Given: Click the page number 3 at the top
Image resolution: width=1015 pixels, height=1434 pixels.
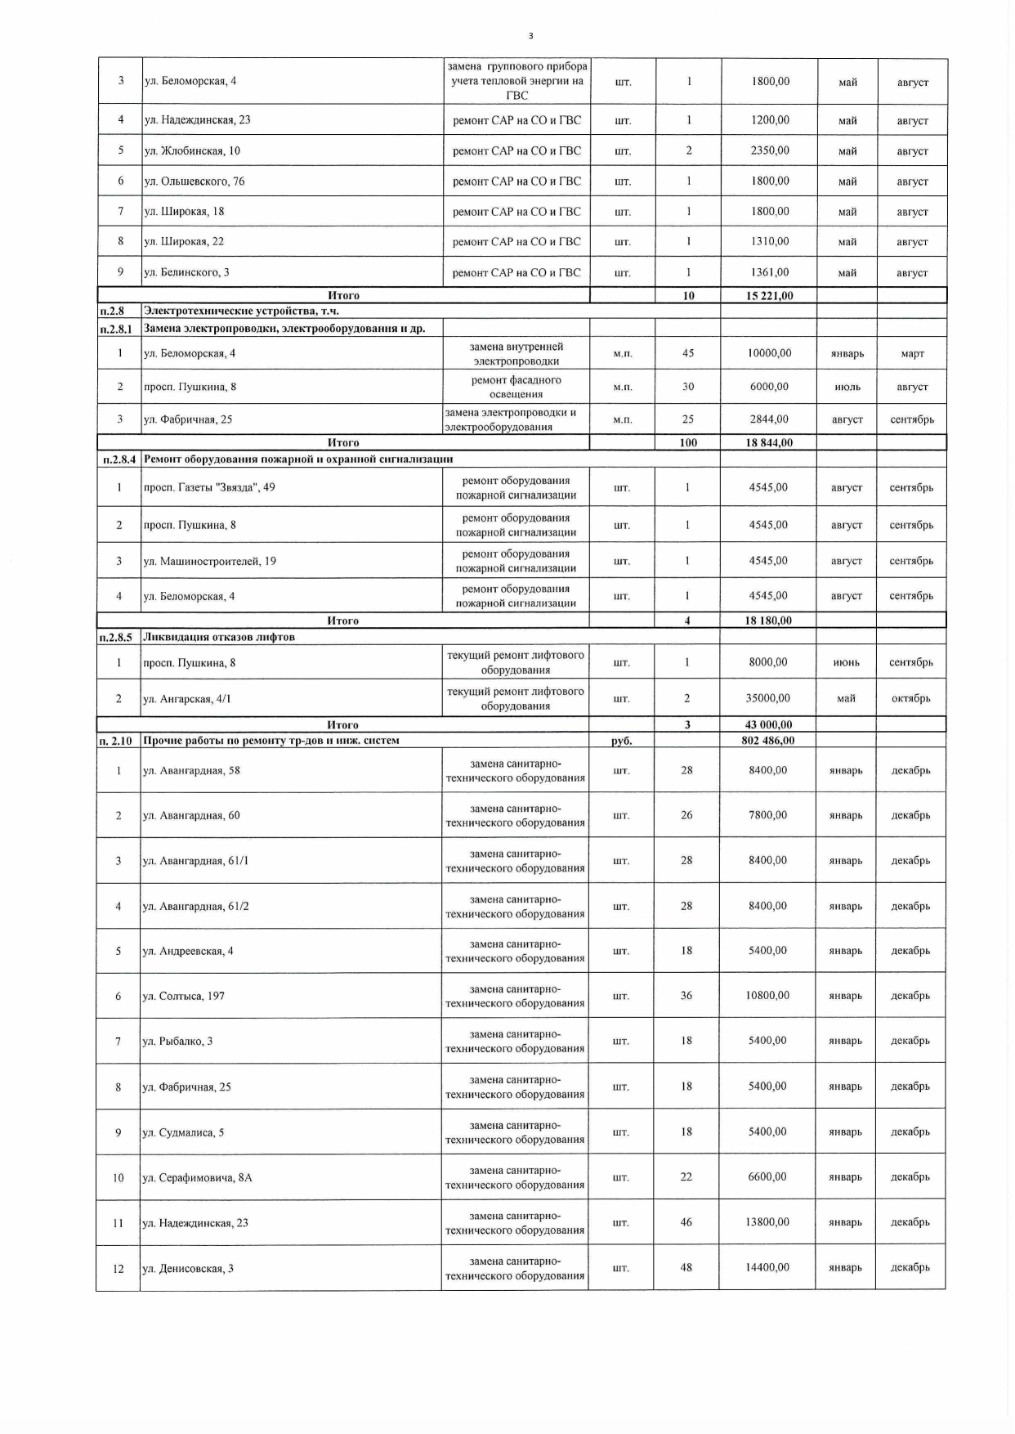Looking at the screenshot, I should tap(531, 36).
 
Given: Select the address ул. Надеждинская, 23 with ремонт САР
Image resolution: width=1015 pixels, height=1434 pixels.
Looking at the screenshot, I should tap(198, 120).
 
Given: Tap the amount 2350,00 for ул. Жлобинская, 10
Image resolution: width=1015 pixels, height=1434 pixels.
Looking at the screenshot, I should tap(770, 150).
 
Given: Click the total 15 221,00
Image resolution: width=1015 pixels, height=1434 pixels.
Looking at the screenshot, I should tap(769, 296).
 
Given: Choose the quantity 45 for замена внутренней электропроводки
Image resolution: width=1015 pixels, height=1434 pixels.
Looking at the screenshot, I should tap(688, 353).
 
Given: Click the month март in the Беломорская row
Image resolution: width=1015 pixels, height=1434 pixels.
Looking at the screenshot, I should tap(912, 354).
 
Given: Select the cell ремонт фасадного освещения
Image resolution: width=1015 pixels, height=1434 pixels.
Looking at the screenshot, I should tap(516, 387).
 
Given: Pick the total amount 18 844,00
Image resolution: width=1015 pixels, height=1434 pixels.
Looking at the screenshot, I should tap(769, 443).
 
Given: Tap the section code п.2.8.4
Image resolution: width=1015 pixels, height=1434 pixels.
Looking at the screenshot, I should tap(119, 459).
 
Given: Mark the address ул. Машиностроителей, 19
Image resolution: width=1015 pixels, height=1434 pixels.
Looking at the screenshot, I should tap(210, 561).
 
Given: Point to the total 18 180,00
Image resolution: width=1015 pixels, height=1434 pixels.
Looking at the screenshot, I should tap(768, 621).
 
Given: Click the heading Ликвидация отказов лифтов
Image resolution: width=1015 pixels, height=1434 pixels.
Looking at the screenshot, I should tap(219, 637).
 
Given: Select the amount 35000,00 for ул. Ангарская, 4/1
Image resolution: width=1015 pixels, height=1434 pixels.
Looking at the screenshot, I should tap(768, 698).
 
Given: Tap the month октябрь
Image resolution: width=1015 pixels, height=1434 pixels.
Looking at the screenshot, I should tap(910, 699).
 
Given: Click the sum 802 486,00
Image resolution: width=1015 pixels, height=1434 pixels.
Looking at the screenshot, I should tap(768, 741).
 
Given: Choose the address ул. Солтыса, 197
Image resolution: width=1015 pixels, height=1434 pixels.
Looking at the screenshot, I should tap(184, 996).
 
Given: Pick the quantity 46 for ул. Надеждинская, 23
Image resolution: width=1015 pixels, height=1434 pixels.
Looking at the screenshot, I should tap(686, 1222).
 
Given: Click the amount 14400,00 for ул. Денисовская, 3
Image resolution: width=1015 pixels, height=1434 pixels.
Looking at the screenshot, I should tap(767, 1267).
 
